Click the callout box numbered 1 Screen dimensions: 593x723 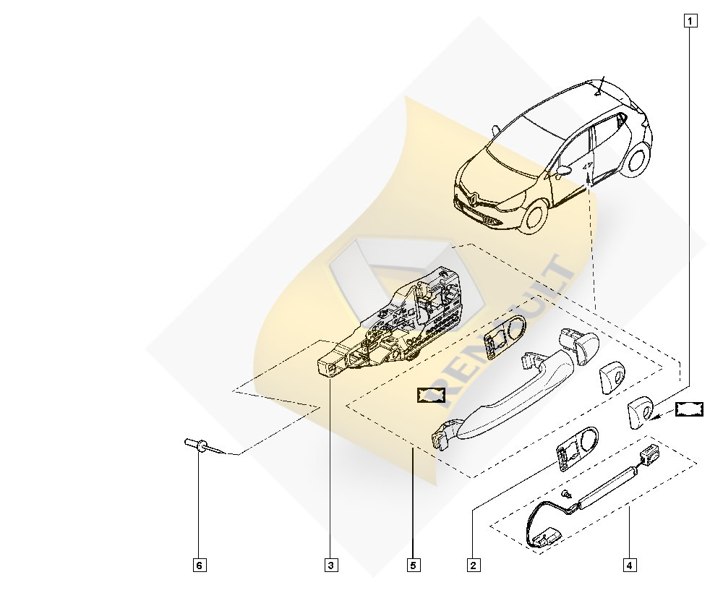tap(690, 20)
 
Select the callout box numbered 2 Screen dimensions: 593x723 tap(474, 564)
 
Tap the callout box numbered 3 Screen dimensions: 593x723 tap(331, 564)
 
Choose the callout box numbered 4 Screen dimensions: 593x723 tap(630, 564)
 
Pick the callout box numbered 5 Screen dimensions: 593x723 tap(413, 564)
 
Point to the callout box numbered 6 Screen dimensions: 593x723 tap(200, 564)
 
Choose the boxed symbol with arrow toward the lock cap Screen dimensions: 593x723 tap(690, 409)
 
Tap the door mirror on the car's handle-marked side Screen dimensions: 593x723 tap(562, 171)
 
